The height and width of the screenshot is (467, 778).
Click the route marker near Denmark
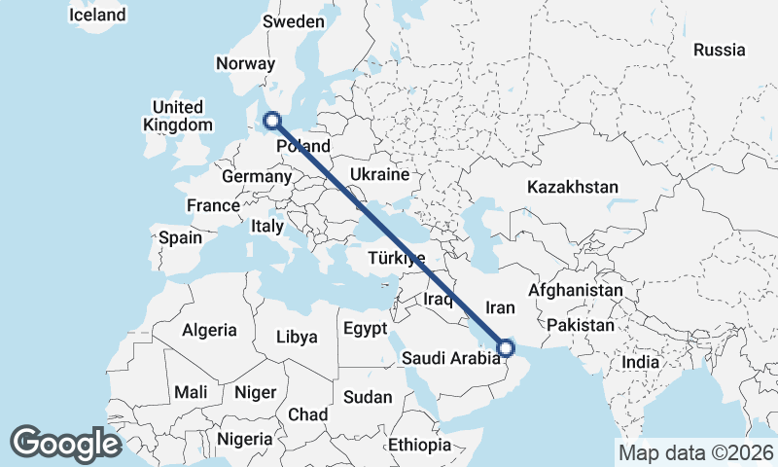tap(272, 121)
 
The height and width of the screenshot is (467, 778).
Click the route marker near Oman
tap(506, 346)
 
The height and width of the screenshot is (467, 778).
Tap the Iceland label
tap(97, 15)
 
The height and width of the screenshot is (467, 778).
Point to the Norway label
tap(246, 63)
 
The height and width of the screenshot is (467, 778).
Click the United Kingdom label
tap(177, 116)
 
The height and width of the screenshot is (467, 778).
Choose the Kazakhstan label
tap(572, 187)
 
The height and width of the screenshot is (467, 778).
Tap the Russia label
tap(719, 50)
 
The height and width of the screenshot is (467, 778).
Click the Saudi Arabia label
tap(450, 358)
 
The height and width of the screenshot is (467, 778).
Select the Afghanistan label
tap(575, 290)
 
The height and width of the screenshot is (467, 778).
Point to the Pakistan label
tap(583, 324)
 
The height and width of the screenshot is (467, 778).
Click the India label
tap(640, 362)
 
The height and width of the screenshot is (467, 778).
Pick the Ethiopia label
tap(419, 445)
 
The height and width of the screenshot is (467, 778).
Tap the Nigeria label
tap(245, 439)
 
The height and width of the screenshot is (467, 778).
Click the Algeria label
tap(208, 329)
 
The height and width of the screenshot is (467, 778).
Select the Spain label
tap(180, 237)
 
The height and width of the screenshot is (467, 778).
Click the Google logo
tap(66, 443)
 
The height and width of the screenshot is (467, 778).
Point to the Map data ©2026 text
tap(695, 452)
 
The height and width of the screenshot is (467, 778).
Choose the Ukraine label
tap(378, 175)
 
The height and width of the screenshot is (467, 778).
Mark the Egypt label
tap(365, 328)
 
